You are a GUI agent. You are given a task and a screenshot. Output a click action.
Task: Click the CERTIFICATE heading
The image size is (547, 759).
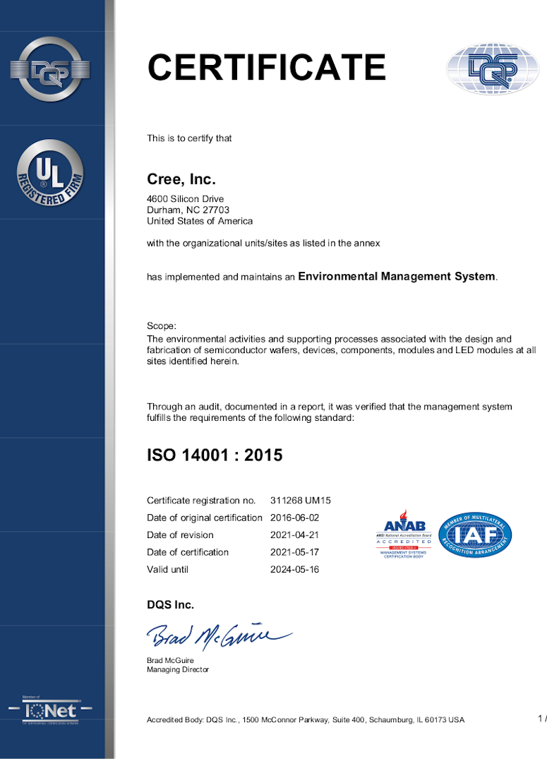coord(266,68)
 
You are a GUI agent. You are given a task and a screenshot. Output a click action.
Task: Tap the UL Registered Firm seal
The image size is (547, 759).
coord(49,174)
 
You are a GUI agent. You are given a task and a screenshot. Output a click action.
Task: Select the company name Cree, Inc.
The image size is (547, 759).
coord(181,179)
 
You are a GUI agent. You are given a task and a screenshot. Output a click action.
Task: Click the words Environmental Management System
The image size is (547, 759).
coord(397,277)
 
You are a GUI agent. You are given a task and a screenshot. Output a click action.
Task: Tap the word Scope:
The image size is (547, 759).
coord(162,326)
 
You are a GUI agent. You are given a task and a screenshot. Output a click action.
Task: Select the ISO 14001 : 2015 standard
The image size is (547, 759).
coord(215,455)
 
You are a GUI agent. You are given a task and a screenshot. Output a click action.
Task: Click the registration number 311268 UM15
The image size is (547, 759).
coord(301,501)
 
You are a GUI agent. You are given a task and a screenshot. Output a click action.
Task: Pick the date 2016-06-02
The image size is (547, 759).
coord(295,518)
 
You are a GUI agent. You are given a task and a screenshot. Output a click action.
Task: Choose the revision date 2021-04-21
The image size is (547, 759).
coord(295,535)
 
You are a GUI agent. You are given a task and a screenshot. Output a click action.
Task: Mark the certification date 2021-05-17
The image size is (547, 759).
coord(295,552)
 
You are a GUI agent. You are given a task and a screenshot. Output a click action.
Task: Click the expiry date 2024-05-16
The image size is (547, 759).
coord(295,569)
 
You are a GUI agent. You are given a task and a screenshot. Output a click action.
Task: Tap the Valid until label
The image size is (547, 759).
coord(168,569)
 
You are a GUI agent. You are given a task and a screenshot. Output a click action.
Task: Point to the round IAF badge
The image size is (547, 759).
coord(475,534)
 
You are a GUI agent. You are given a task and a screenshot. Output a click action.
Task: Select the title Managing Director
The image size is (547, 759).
coord(178,669)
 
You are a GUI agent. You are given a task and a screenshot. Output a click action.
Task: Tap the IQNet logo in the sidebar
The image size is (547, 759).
coord(50,710)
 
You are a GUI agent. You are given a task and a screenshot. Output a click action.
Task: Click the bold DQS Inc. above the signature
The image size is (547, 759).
coord(170,604)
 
